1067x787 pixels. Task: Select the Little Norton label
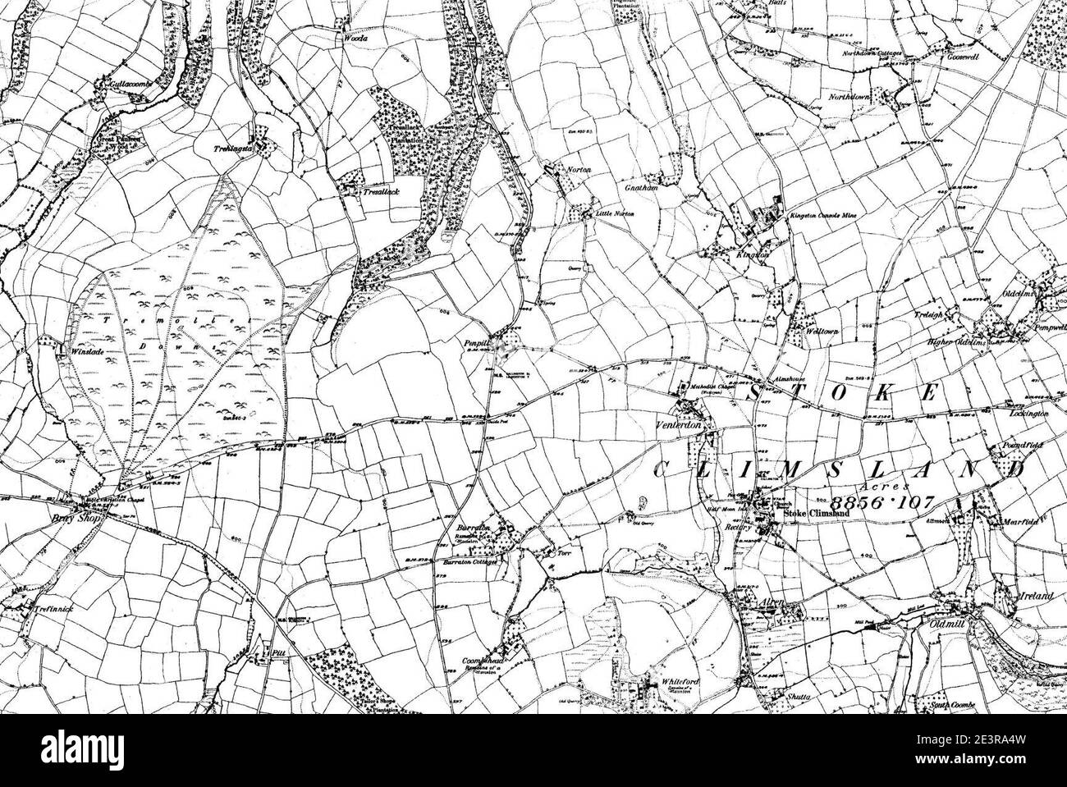pos(615,213)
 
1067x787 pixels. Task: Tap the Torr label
pos(563,555)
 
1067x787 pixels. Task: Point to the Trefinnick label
pos(38,611)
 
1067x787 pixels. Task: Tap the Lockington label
pos(1028,415)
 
